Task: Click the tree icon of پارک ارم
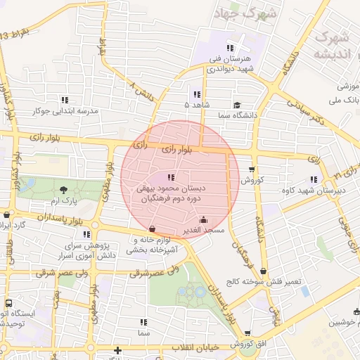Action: click(65, 189)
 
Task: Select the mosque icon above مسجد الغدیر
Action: click(204, 219)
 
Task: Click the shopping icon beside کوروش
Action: click(252, 169)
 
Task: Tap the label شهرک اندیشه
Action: click(331, 45)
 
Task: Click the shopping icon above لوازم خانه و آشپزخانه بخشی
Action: click(153, 229)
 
